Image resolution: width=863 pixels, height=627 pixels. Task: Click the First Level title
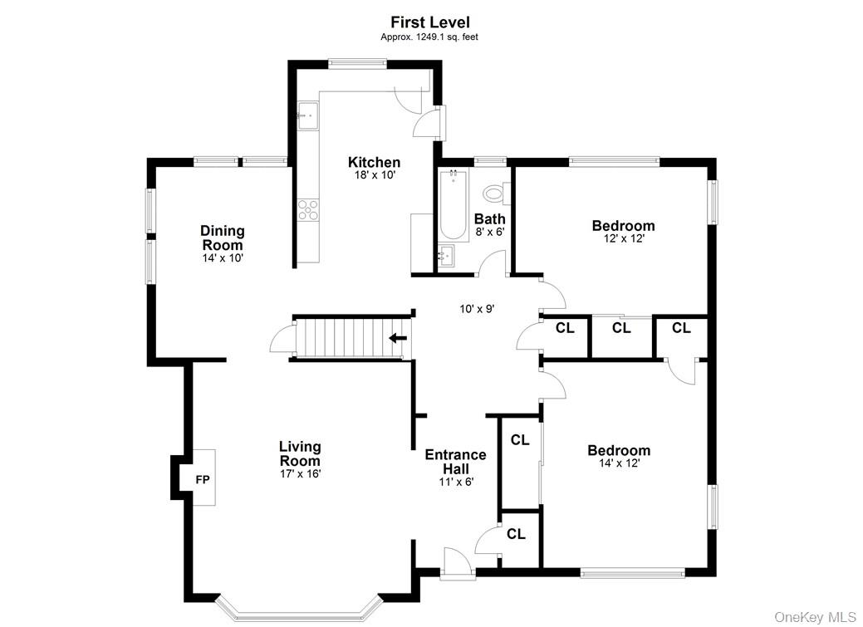tap(430, 22)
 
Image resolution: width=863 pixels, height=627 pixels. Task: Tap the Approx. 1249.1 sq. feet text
tap(430, 37)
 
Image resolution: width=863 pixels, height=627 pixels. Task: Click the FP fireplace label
tap(202, 479)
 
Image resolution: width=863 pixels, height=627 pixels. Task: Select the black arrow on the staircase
tap(398, 337)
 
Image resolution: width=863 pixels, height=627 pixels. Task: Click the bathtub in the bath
tap(454, 204)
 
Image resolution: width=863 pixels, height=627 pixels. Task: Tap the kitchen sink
tap(308, 115)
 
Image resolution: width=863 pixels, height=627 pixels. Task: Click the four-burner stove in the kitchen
tap(308, 209)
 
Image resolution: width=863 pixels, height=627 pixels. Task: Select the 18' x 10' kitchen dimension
tap(374, 176)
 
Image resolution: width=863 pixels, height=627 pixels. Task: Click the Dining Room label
tap(223, 238)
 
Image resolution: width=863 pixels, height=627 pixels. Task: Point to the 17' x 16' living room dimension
tap(299, 474)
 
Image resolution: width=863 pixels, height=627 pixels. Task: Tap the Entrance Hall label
tap(455, 462)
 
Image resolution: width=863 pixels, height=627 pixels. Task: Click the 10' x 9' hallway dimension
tap(477, 308)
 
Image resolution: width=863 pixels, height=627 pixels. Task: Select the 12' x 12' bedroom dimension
tap(623, 239)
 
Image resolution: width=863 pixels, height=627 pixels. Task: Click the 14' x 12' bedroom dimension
tap(619, 464)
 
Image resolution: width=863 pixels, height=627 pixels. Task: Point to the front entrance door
tap(455, 565)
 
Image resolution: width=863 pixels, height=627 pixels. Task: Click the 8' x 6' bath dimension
tap(489, 233)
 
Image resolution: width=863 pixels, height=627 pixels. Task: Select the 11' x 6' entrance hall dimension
tap(456, 482)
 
